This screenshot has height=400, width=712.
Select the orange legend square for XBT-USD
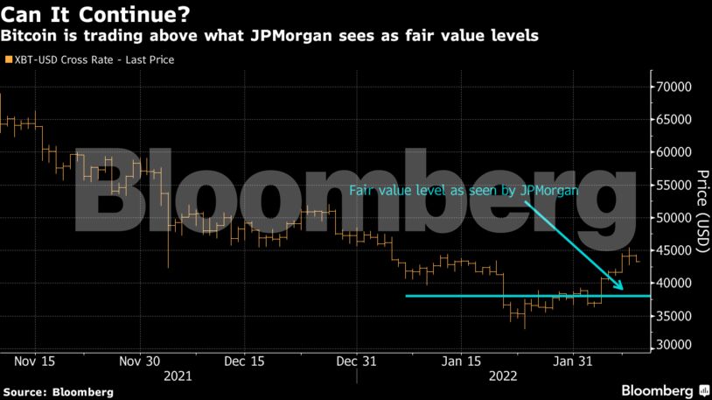[x=8, y=60]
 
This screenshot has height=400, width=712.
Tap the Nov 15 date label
[x=37, y=361]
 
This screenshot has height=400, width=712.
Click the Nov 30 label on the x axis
[x=140, y=361]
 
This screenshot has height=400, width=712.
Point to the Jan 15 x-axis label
[x=462, y=361]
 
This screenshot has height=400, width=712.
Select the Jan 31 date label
[x=572, y=361]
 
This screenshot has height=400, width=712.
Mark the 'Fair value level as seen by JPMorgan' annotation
[x=464, y=189]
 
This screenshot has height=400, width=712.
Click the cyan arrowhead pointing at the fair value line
[x=619, y=284]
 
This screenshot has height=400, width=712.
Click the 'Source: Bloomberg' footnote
[x=58, y=392]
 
